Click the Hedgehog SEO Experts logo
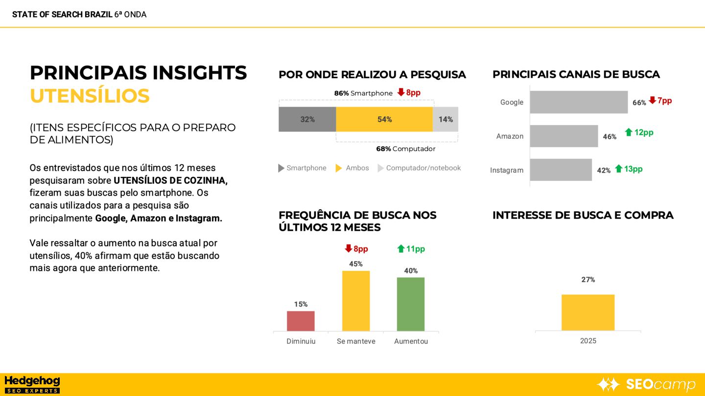[x=32, y=384]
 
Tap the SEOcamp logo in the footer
[x=646, y=384]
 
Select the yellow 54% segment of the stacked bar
[x=384, y=119]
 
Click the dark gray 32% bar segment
[x=307, y=119]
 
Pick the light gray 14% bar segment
[x=446, y=119]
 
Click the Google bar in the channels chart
[x=579, y=102]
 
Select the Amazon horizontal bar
[x=564, y=136]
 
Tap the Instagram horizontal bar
[x=561, y=170]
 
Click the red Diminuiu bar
[x=301, y=321]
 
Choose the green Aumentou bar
[x=411, y=304]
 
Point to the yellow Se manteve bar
[x=356, y=301]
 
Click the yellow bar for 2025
[x=588, y=312]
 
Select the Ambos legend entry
[x=352, y=168]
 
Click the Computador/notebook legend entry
[x=419, y=168]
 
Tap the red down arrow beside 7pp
[x=652, y=101]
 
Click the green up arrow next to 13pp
[x=619, y=169]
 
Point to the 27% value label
[x=588, y=280]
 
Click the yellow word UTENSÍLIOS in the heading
[x=90, y=96]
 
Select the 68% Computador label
[x=405, y=149]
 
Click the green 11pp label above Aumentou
[x=411, y=249]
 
